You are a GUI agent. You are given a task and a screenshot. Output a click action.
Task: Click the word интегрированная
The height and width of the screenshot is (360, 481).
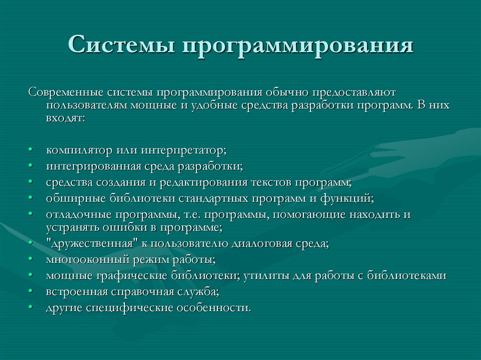[x=93, y=166]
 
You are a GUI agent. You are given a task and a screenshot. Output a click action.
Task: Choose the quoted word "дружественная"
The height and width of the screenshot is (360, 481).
[x=84, y=244]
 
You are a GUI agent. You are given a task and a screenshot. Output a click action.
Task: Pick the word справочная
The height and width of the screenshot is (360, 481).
[x=141, y=291]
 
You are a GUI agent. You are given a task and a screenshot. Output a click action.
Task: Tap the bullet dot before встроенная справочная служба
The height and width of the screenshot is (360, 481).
[x=30, y=292]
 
